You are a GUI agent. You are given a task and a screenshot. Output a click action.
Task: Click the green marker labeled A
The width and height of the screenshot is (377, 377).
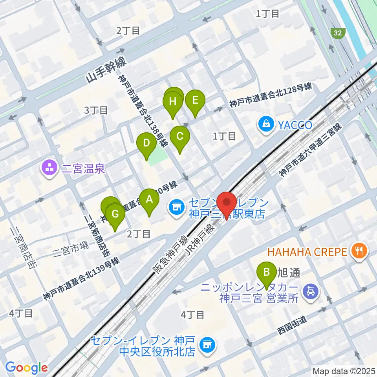(x=149, y=199)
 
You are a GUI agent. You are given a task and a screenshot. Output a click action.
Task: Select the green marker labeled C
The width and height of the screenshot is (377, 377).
(x=180, y=137)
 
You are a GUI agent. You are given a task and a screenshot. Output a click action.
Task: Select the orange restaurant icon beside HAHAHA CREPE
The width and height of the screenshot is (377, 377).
(x=359, y=251)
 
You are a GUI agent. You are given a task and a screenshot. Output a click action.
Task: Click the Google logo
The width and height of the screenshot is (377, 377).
(x=27, y=367)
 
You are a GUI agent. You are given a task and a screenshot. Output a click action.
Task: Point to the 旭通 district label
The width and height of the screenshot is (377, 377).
(x=289, y=272)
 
